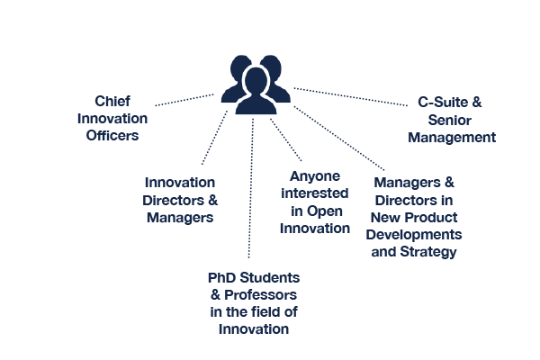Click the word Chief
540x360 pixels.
pos(112,102)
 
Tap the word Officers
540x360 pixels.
pos(112,135)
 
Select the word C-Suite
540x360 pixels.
pos(443,103)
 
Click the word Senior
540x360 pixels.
pos(450,121)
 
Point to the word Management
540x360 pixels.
pos(452,138)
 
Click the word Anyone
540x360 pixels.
pos(315,176)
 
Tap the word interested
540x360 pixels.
pos(315,193)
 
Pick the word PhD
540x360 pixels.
pos(221,278)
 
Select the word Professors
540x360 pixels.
pos(260,295)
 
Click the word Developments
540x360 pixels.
pos(414,235)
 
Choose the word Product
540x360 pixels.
pos(431,218)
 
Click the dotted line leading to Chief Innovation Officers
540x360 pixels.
pos(184,100)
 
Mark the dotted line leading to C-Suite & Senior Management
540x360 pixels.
pos(351,97)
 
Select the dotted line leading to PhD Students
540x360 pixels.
pos(251,188)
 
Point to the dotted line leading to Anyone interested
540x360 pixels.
pos(286,139)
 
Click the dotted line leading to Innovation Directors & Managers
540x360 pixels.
pos(214,138)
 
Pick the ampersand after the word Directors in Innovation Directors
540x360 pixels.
pos(213,200)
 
